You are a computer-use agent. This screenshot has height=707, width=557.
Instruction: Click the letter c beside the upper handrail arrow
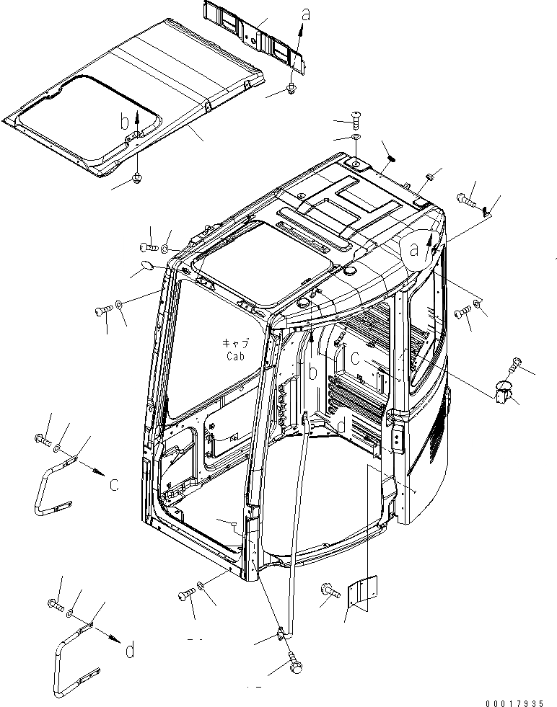tap(114, 484)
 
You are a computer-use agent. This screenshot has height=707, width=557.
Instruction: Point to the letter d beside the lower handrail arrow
tap(129, 650)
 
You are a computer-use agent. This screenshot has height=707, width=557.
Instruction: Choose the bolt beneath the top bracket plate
tap(291, 88)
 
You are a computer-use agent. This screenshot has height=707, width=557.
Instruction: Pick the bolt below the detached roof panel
tap(137, 177)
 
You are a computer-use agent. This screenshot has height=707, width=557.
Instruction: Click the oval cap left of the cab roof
tap(145, 267)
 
